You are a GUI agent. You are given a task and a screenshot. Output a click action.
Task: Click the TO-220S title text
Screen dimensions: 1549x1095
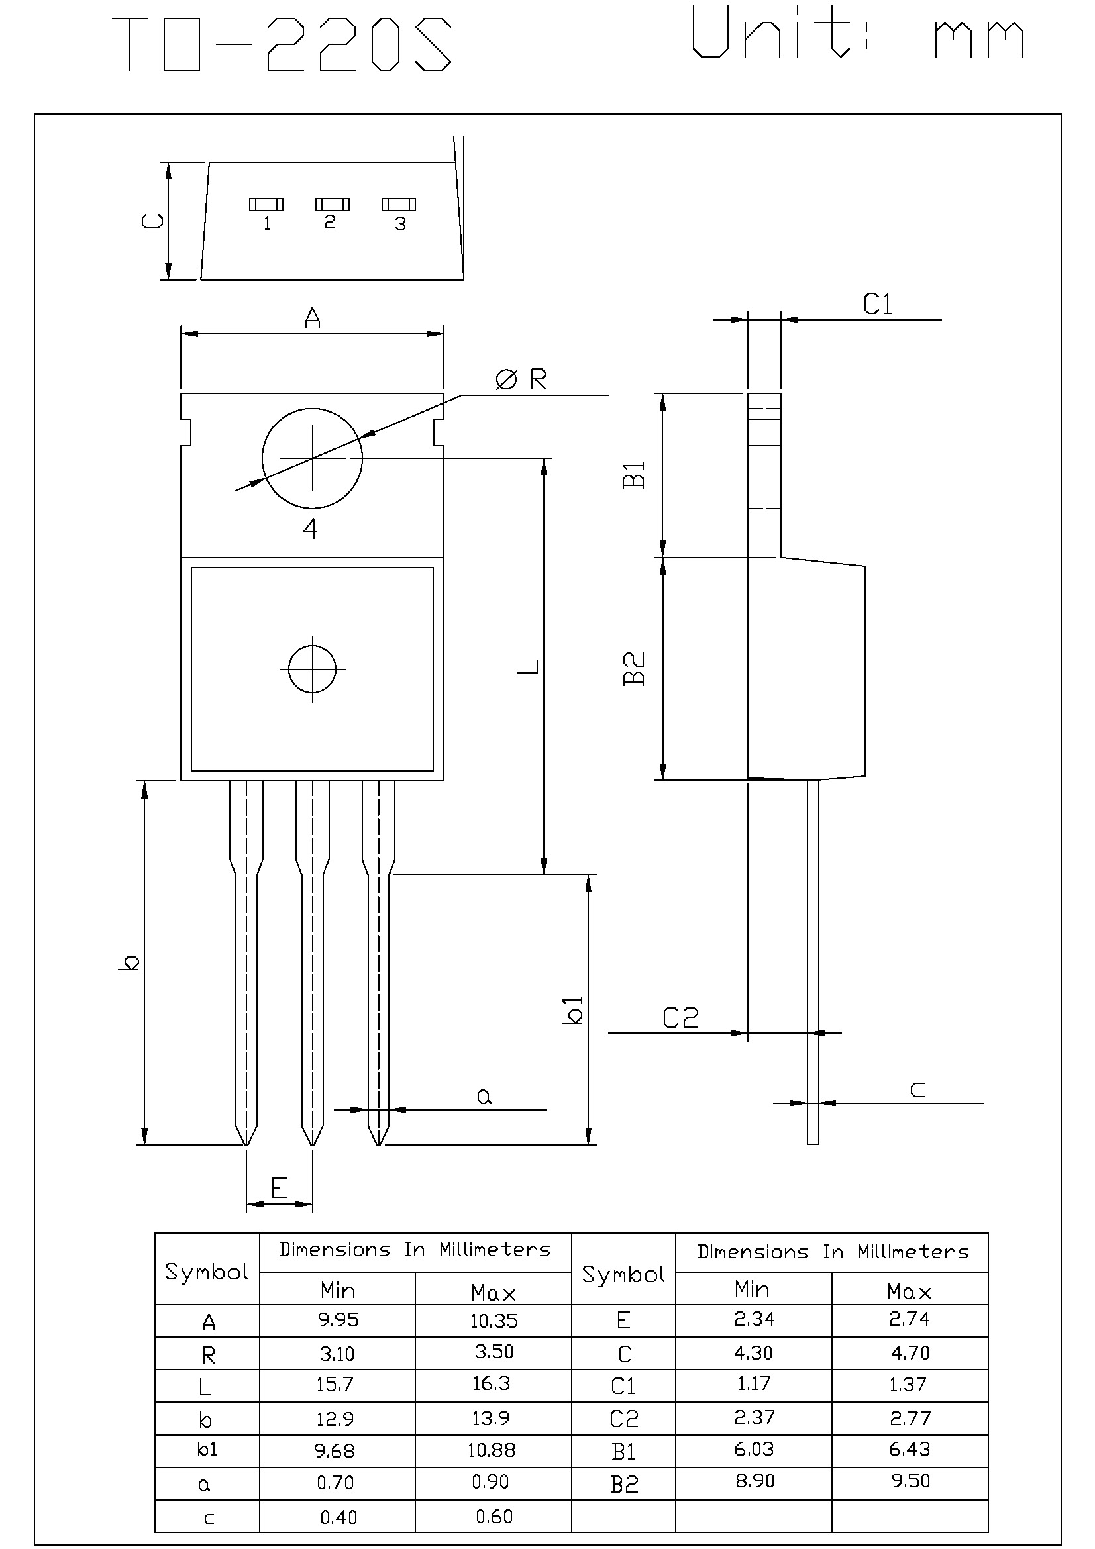(x=282, y=44)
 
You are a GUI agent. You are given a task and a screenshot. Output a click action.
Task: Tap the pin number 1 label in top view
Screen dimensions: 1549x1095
(x=267, y=223)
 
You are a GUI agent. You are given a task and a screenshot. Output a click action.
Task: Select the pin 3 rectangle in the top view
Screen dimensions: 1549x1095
(x=399, y=205)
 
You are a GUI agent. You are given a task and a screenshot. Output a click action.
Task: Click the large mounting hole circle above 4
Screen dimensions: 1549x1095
(x=313, y=458)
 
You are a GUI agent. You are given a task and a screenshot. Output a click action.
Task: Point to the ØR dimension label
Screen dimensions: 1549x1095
(x=521, y=380)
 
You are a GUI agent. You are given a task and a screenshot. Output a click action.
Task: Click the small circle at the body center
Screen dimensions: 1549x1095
(x=313, y=670)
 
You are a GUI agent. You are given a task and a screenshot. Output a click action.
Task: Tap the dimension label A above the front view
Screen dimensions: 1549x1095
(x=313, y=318)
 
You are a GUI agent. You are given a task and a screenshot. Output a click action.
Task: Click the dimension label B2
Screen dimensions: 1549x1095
(x=634, y=669)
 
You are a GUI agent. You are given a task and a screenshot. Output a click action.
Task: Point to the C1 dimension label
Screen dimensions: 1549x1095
(x=878, y=305)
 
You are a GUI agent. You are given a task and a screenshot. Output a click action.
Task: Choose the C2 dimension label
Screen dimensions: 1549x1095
(x=680, y=1018)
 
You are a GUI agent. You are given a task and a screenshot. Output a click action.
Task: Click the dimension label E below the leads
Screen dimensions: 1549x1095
(x=280, y=1187)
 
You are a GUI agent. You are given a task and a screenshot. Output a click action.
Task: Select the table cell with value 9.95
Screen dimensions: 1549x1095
(x=337, y=1320)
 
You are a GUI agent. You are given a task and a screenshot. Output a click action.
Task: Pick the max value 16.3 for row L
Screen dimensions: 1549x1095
(x=491, y=1383)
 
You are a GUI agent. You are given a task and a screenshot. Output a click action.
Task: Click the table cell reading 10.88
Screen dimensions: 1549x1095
(x=491, y=1450)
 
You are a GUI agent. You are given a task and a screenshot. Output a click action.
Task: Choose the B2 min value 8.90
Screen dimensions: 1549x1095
(x=754, y=1481)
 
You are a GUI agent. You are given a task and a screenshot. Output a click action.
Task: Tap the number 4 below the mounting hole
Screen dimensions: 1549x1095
(x=311, y=529)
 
